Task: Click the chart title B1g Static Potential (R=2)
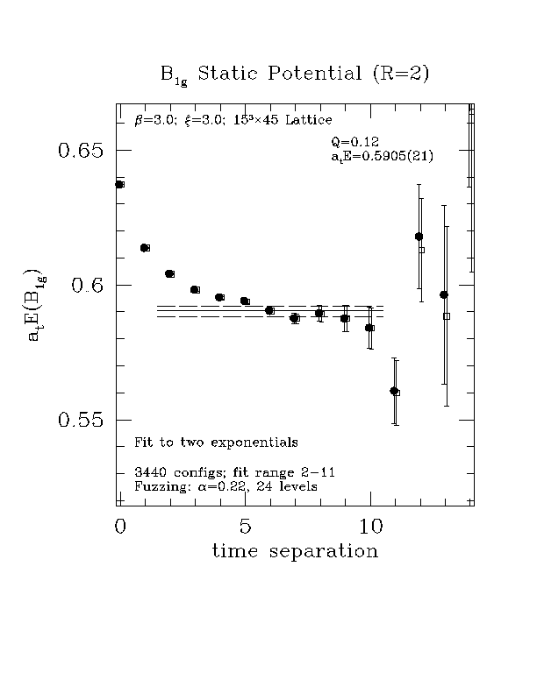[x=294, y=74]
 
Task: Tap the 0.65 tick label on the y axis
[x=81, y=150]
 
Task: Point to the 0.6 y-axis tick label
[x=88, y=286]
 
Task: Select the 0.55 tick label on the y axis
[x=81, y=421]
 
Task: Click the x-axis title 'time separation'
[x=295, y=552]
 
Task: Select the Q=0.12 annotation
[x=354, y=141]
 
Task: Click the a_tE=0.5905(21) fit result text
[x=383, y=157]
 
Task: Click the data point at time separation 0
[x=119, y=184]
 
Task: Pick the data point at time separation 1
[x=145, y=248]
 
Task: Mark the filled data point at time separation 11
[x=394, y=391]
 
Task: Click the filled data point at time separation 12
[x=419, y=237]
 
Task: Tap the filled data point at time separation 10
[x=369, y=328]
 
